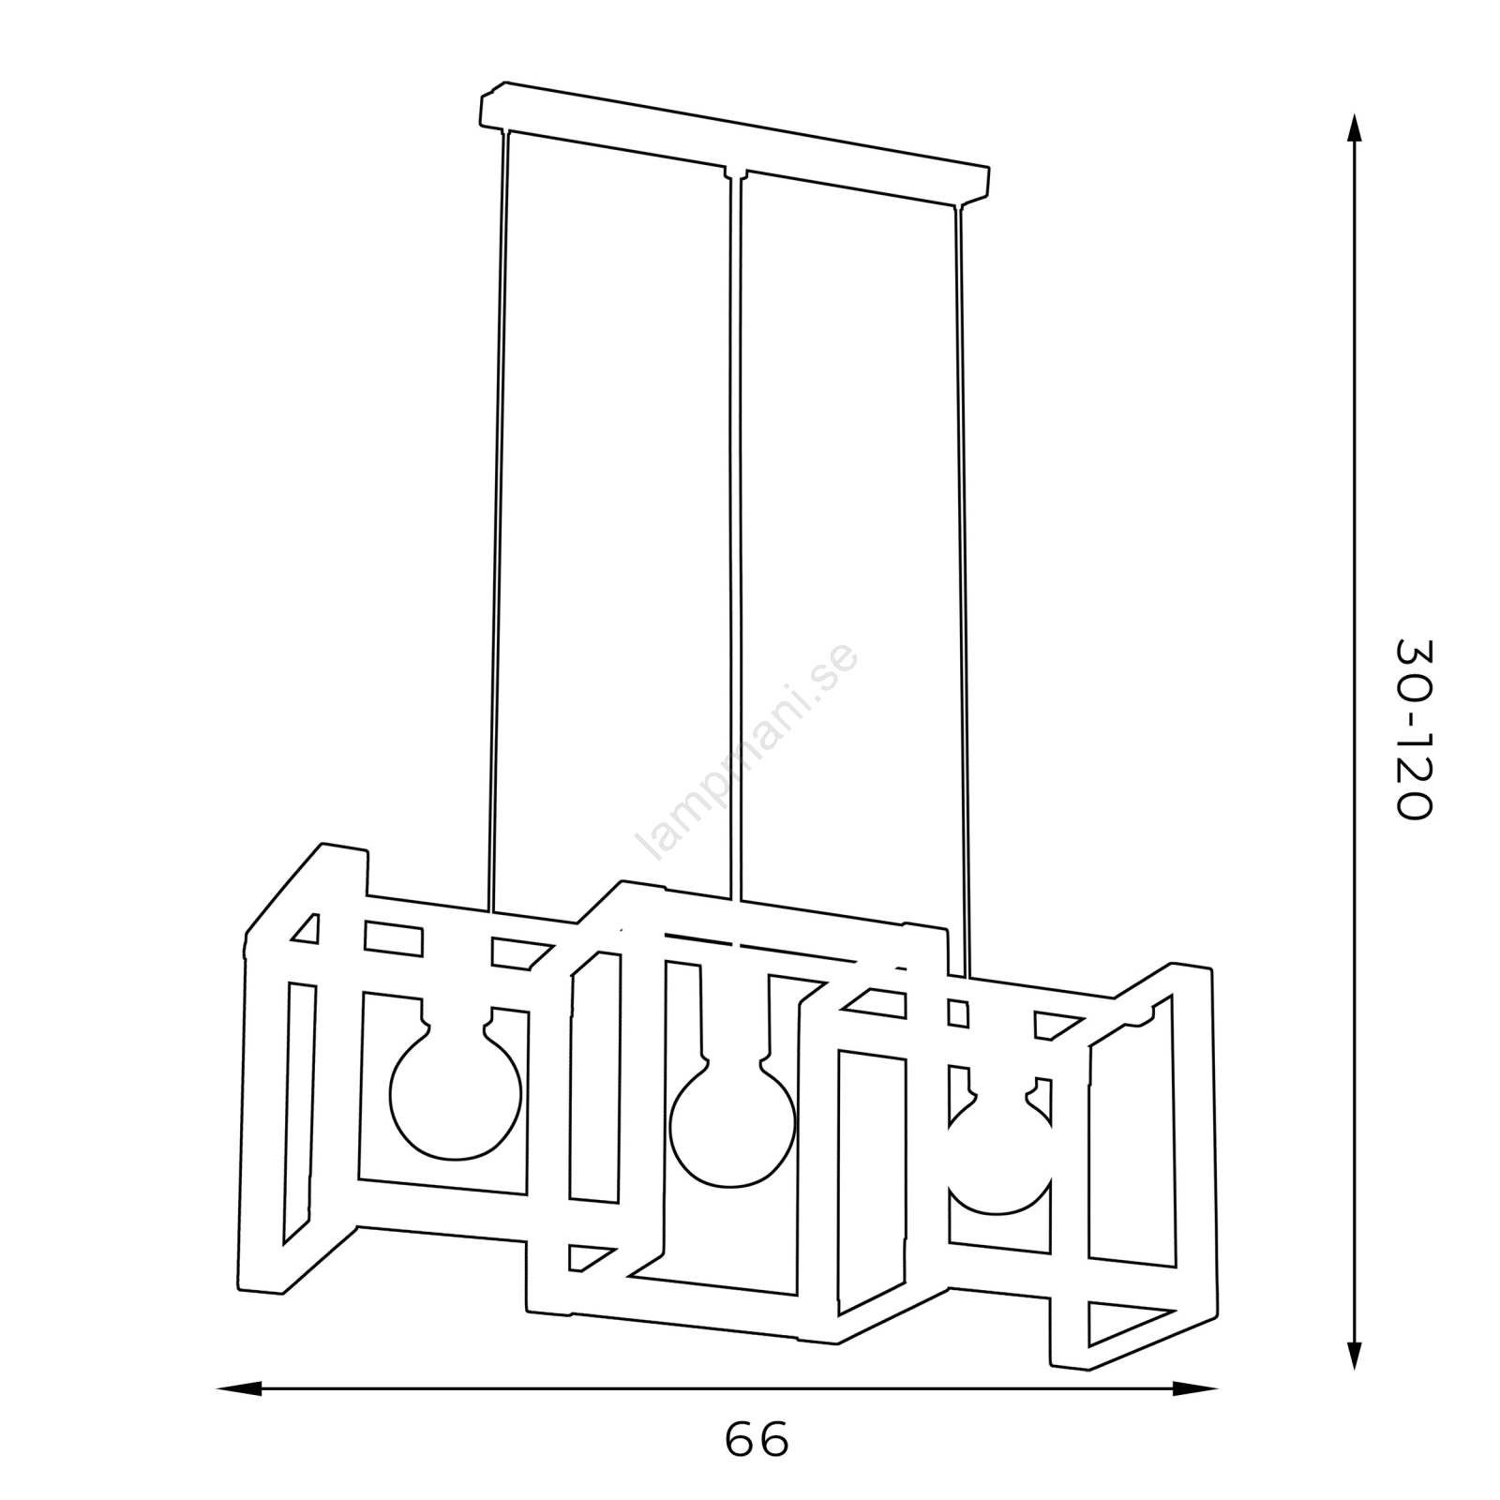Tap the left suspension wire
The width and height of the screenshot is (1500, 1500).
pyautogui.click(x=498, y=520)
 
